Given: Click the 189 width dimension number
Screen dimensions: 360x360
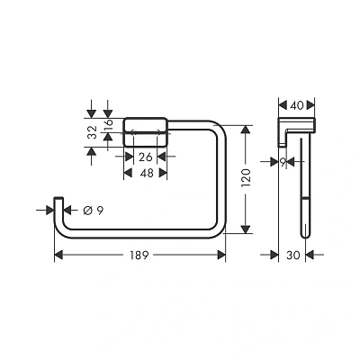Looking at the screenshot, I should coord(139,256).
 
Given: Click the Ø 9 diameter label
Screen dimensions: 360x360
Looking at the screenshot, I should coord(94,211).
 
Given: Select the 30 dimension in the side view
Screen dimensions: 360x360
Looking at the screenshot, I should coord(292,256).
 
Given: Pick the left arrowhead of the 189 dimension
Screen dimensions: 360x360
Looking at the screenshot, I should coord(58,256).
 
